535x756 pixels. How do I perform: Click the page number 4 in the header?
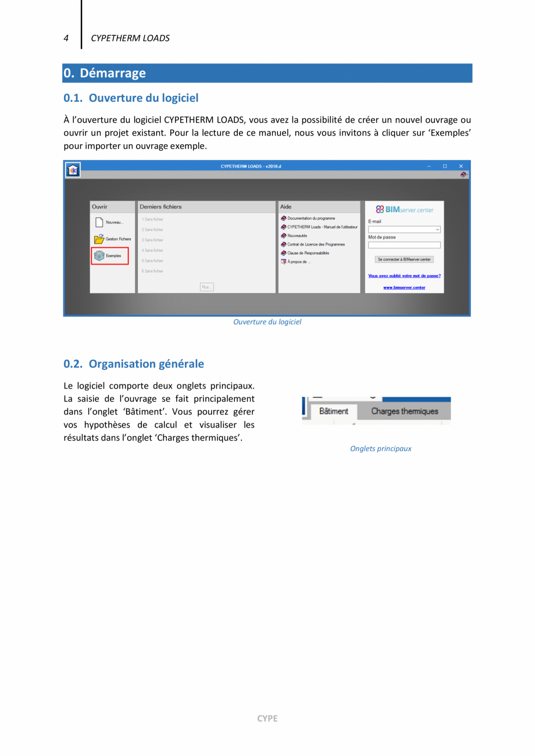coord(66,38)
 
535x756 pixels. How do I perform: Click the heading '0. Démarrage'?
coord(105,73)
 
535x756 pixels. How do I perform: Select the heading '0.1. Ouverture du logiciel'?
coord(131,98)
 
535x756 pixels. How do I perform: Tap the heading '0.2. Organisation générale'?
coord(134,364)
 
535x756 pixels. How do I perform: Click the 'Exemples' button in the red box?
coord(109,256)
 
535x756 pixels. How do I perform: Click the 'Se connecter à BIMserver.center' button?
coord(404,259)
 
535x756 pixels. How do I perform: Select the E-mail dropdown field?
coord(404,230)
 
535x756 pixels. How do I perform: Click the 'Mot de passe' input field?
coord(404,245)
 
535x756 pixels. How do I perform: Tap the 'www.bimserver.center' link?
coord(404,287)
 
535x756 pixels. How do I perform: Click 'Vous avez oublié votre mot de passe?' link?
coord(404,276)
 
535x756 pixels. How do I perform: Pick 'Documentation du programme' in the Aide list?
coord(311,218)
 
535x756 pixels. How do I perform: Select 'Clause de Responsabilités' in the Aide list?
coord(308,253)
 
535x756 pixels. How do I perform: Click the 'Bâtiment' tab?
coord(334,411)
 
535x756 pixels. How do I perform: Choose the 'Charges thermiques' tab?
coord(405,411)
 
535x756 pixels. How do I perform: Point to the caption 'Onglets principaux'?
coord(380,448)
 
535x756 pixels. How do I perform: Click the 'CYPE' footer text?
coord(267,718)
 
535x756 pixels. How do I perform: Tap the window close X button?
coord(461,166)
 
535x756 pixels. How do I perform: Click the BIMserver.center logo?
coord(404,209)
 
